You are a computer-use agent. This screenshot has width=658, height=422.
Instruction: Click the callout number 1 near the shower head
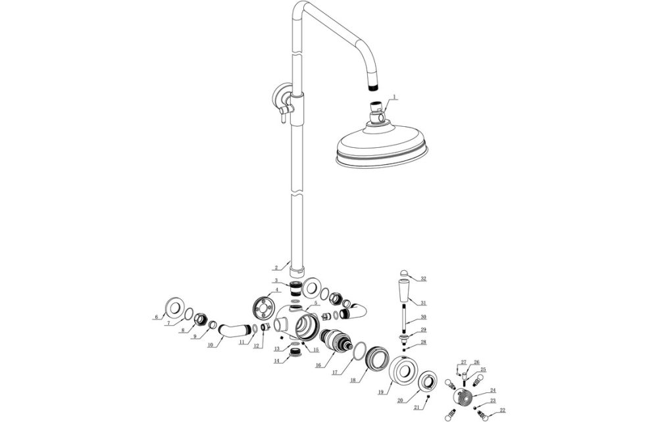393,97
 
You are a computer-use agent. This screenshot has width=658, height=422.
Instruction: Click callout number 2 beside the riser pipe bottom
277,267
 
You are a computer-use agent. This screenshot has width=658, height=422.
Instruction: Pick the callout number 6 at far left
157,317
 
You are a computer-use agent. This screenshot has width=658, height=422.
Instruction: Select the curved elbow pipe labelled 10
227,328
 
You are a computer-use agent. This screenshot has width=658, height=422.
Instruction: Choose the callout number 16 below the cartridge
318,365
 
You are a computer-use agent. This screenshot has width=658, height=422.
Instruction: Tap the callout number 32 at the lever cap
423,279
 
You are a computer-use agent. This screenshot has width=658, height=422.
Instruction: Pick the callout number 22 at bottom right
503,411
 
